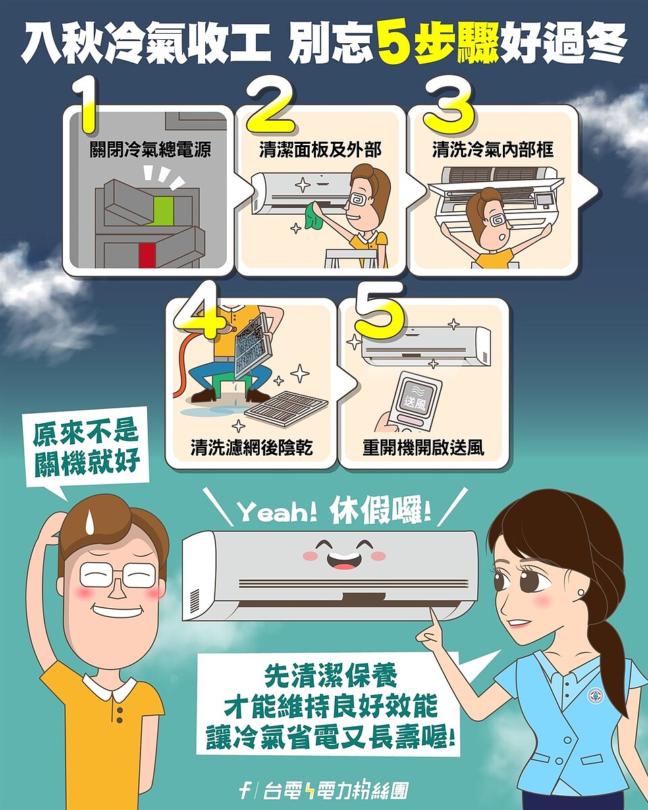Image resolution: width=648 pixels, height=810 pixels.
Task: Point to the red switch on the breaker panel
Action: [x=147, y=255]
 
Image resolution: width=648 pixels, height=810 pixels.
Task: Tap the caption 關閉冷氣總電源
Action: [x=151, y=150]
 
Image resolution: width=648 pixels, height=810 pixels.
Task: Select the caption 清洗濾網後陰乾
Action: [x=251, y=448]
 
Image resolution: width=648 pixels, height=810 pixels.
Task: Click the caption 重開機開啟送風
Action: [x=423, y=448]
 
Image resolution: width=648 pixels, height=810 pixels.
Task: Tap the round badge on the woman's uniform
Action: [x=595, y=696]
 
